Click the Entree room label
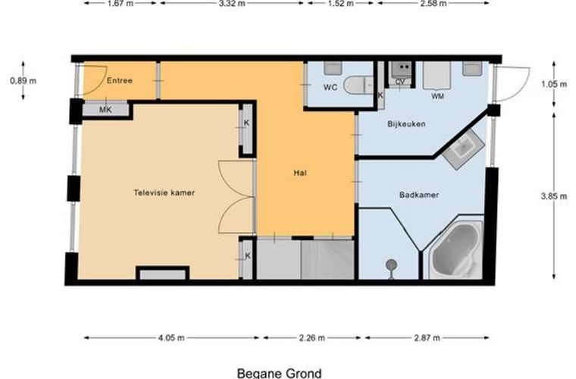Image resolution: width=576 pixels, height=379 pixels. (120, 80)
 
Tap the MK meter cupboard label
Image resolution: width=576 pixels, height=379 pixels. (105, 109)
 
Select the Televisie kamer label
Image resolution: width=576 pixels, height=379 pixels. (164, 193)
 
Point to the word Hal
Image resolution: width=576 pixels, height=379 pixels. (300, 173)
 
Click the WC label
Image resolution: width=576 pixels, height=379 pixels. (330, 87)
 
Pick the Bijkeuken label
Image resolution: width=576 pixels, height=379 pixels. (406, 124)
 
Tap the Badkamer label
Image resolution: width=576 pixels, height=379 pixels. (419, 195)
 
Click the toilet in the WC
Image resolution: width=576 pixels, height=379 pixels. (358, 85)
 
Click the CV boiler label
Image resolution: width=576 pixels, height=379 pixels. (400, 82)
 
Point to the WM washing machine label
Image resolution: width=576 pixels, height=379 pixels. (437, 96)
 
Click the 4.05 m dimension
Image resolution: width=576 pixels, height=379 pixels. (171, 338)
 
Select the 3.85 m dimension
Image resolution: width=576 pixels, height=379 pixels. (553, 196)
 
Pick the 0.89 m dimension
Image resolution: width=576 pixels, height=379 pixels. (23, 80)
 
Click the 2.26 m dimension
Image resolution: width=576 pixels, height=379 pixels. (312, 338)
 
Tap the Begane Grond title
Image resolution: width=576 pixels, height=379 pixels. (280, 374)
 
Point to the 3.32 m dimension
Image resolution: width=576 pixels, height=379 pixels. (232, 4)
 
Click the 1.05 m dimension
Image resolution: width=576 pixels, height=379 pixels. (554, 84)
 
